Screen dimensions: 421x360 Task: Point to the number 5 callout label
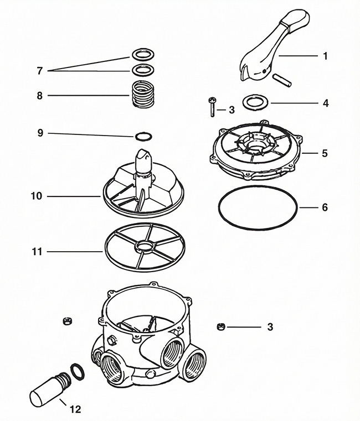coord(325,152)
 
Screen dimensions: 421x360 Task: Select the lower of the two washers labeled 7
coord(142,70)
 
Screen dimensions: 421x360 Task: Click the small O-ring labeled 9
coord(142,135)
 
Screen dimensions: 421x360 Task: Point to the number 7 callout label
coord(39,71)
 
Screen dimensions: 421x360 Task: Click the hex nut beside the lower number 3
coord(220,326)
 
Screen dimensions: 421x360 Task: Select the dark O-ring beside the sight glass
coord(78,371)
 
